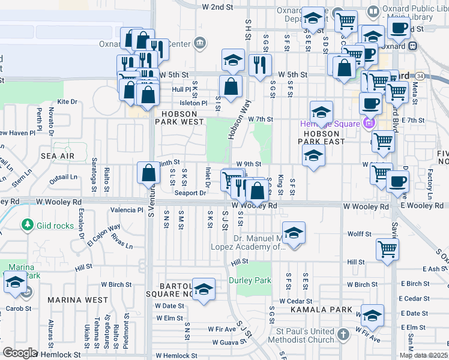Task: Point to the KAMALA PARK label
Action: click(x=321, y=310)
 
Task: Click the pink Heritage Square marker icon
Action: click(x=368, y=124)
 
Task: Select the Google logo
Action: click(x=19, y=353)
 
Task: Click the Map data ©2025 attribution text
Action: click(x=423, y=355)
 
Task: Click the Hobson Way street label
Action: click(x=238, y=119)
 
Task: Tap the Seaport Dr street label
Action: click(x=190, y=193)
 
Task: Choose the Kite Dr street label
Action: click(x=67, y=102)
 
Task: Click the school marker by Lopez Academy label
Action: click(x=292, y=233)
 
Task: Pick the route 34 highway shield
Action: click(x=420, y=76)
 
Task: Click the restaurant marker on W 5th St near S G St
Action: click(x=260, y=65)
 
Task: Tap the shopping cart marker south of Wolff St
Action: click(x=387, y=248)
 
